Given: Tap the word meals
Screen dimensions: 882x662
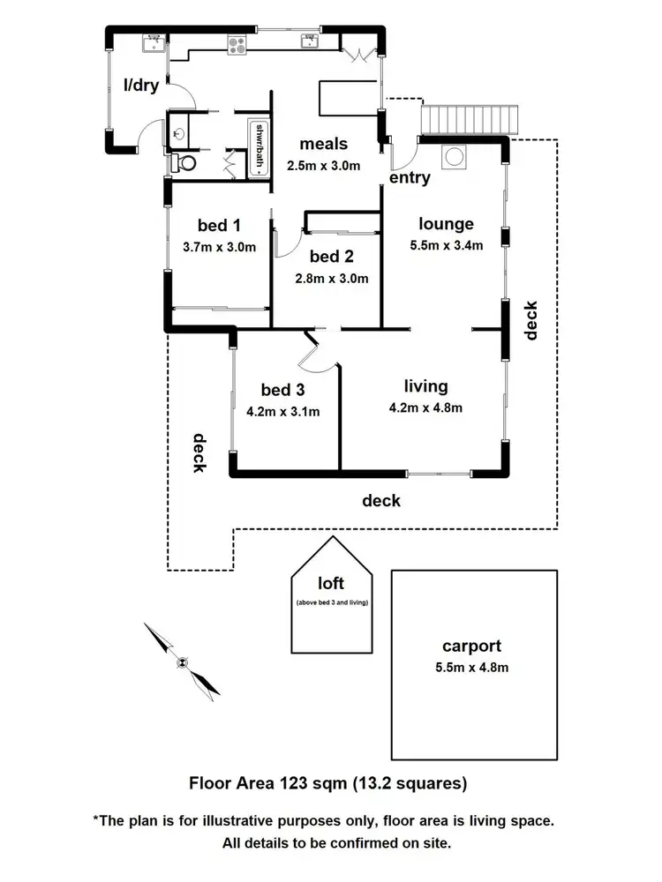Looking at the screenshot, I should pyautogui.click(x=323, y=144).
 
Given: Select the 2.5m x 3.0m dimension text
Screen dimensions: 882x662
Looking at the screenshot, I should pyautogui.click(x=324, y=165).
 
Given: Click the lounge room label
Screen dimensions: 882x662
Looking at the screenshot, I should pyautogui.click(x=446, y=224).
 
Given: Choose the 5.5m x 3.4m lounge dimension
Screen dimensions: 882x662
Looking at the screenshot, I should pyautogui.click(x=446, y=246).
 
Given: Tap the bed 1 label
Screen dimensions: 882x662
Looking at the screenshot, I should pyautogui.click(x=219, y=225).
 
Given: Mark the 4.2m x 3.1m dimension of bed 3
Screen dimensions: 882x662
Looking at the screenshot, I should pyautogui.click(x=282, y=411).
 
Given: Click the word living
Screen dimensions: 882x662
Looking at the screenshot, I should pyautogui.click(x=426, y=386).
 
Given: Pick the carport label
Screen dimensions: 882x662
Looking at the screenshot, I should pyautogui.click(x=474, y=645).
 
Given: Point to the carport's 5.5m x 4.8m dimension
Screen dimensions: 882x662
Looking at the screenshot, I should pyautogui.click(x=474, y=667).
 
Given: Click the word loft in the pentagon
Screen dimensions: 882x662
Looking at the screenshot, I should pyautogui.click(x=331, y=583).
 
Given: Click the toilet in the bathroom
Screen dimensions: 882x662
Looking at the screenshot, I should pyautogui.click(x=184, y=162).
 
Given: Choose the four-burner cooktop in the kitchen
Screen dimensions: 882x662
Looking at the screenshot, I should pyautogui.click(x=238, y=44).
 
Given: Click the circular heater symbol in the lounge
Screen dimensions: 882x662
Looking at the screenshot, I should pyautogui.click(x=456, y=156).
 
